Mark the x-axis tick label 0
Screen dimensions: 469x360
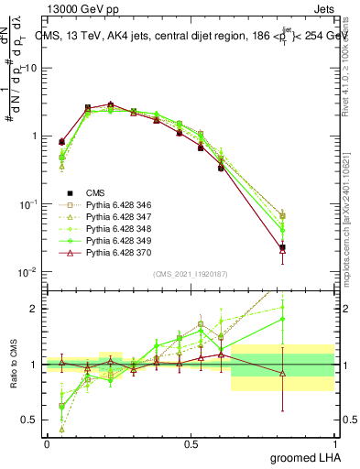click(x=47, y=443)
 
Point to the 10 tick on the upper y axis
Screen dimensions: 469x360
click(x=32, y=68)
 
